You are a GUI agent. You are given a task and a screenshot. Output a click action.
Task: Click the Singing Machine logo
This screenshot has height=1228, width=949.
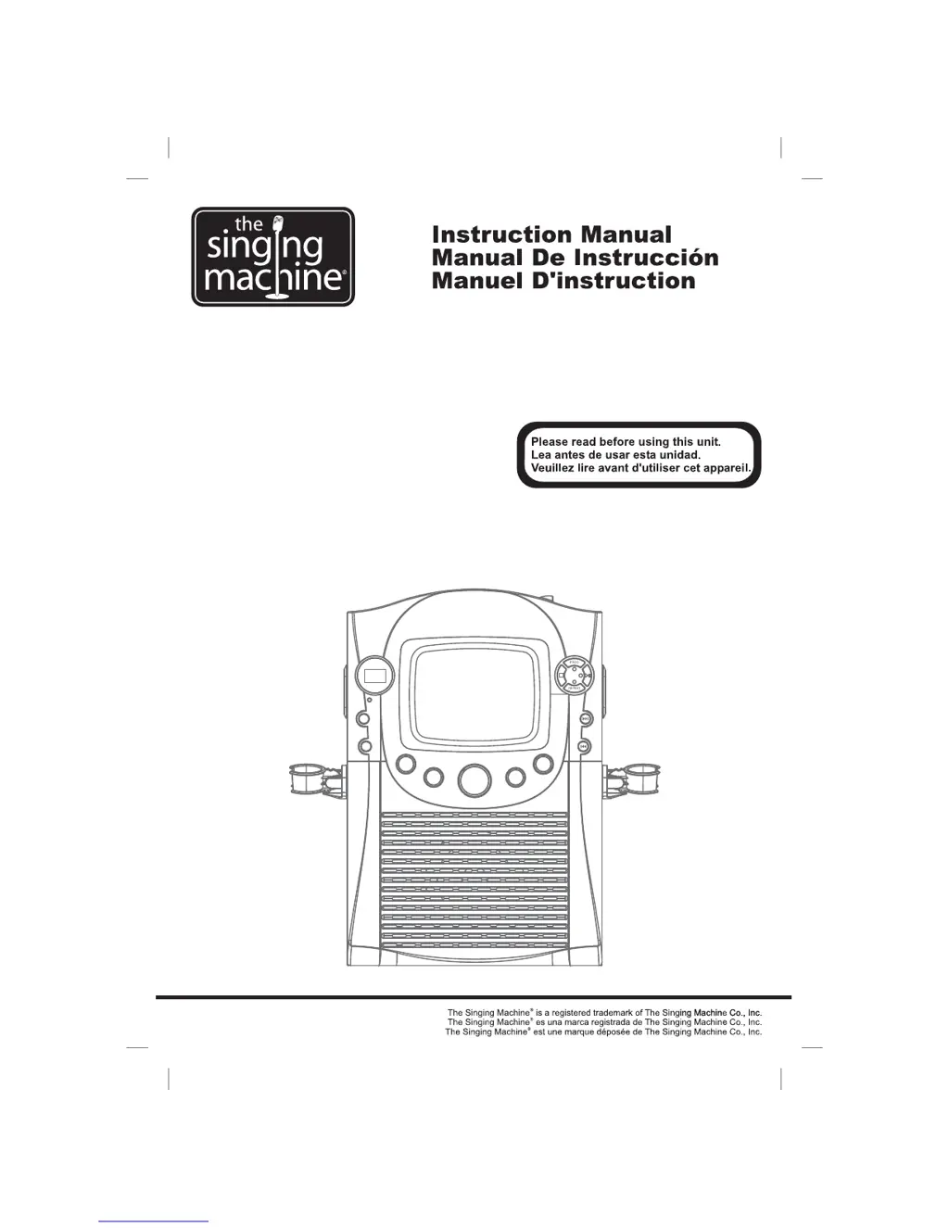point(272,257)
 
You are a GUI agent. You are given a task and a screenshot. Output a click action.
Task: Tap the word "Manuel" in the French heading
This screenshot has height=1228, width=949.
point(471,281)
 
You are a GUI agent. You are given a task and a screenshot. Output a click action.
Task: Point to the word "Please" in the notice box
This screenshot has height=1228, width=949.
point(550,442)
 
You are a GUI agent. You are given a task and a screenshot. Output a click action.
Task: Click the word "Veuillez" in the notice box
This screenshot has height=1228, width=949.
point(554,468)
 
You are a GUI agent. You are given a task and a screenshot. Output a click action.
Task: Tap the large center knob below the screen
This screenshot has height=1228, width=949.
point(474,779)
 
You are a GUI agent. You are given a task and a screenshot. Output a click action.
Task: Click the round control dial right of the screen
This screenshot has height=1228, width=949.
point(575,675)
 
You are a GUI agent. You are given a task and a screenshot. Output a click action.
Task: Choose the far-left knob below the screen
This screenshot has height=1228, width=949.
point(406,766)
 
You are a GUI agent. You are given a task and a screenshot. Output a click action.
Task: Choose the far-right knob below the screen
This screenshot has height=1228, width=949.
point(543,765)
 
